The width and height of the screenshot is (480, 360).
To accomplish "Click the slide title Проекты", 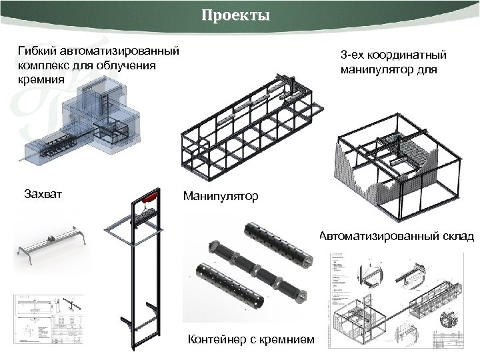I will (x=236, y=16).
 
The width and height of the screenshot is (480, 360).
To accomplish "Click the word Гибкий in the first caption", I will (x=37, y=51).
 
